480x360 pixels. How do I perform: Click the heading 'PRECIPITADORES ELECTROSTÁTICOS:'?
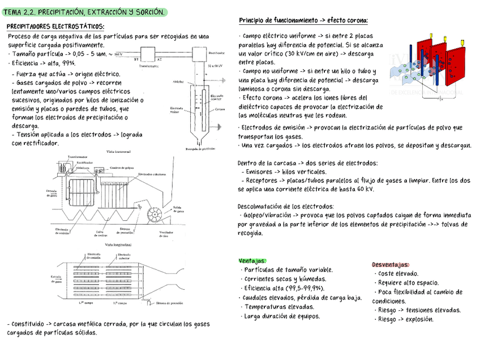point(55,27)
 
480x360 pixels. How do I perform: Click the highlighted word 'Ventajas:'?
point(252,261)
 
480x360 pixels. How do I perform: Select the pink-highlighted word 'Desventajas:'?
point(391,265)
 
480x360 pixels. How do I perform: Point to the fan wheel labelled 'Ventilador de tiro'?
point(155,217)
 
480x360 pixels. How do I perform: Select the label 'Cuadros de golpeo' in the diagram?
point(122,168)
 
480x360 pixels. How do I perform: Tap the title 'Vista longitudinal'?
point(117,245)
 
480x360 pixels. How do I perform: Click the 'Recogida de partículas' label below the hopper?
point(199,148)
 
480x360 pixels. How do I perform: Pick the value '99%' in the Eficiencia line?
point(69,63)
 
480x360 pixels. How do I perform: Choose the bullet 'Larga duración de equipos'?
point(282,316)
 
